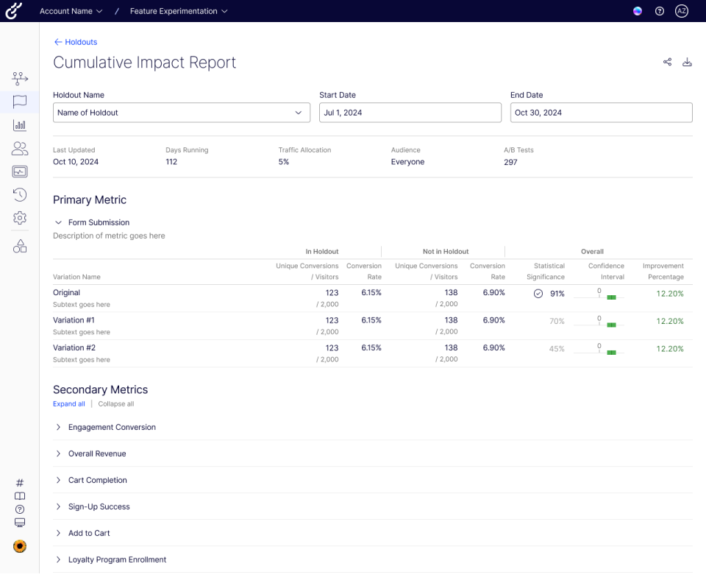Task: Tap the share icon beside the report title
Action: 667,62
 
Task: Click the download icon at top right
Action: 688,62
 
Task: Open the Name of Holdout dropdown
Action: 181,113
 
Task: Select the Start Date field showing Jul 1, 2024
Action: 410,113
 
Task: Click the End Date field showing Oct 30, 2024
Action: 601,113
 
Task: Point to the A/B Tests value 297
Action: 510,162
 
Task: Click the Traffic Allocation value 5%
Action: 284,162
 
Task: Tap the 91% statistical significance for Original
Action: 557,294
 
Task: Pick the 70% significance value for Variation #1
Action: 557,321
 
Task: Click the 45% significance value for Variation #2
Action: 557,349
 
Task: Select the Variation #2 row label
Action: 74,347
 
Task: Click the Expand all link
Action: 68,404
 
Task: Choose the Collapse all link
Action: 116,404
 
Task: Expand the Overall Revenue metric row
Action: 97,453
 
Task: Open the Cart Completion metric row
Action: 98,480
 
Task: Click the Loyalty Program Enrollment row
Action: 117,559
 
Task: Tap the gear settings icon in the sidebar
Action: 20,218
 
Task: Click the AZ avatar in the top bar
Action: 682,11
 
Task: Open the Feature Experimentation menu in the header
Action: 179,11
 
